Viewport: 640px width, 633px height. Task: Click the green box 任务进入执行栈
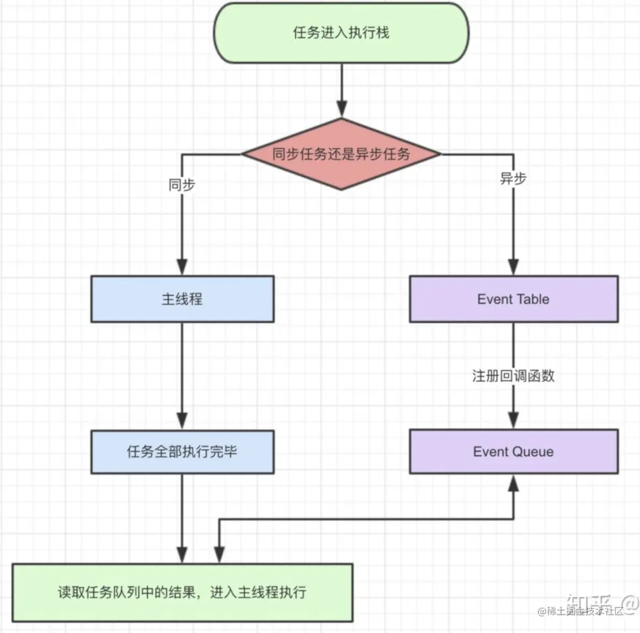click(341, 33)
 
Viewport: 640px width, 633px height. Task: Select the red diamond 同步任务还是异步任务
click(341, 154)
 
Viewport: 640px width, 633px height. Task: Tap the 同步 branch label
click(182, 185)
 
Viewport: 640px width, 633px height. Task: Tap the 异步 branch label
click(513, 178)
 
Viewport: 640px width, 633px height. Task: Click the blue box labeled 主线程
click(182, 299)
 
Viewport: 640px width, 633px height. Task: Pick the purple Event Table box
click(513, 299)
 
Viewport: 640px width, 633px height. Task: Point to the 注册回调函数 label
click(513, 376)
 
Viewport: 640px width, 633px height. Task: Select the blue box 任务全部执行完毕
click(182, 451)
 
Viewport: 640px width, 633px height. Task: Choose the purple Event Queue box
click(513, 451)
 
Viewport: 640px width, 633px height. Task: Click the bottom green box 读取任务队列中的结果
click(182, 592)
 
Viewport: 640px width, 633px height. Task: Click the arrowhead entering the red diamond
click(341, 109)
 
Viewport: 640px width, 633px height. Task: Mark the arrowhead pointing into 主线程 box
click(182, 267)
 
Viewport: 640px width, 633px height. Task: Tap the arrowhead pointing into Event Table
click(513, 267)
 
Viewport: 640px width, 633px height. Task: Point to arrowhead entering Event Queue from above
click(513, 420)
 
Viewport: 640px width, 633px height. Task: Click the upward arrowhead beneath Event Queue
click(513, 484)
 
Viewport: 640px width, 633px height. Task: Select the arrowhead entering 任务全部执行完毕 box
click(182, 420)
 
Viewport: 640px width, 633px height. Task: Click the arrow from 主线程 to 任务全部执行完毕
click(182, 371)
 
